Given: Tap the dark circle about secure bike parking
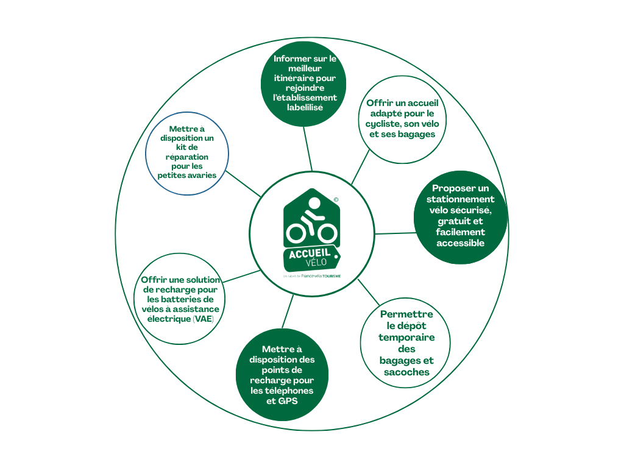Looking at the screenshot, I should point(461,217).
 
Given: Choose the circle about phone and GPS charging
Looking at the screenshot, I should point(282,374).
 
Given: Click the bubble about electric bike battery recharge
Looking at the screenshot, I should point(180,299).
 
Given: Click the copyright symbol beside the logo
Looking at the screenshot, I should point(336,199).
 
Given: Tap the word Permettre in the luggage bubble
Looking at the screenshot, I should point(406,314).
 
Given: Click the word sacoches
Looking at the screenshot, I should point(406,372).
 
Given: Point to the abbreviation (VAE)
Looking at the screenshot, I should point(204,319).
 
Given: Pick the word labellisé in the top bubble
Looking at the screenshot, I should point(305,107).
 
